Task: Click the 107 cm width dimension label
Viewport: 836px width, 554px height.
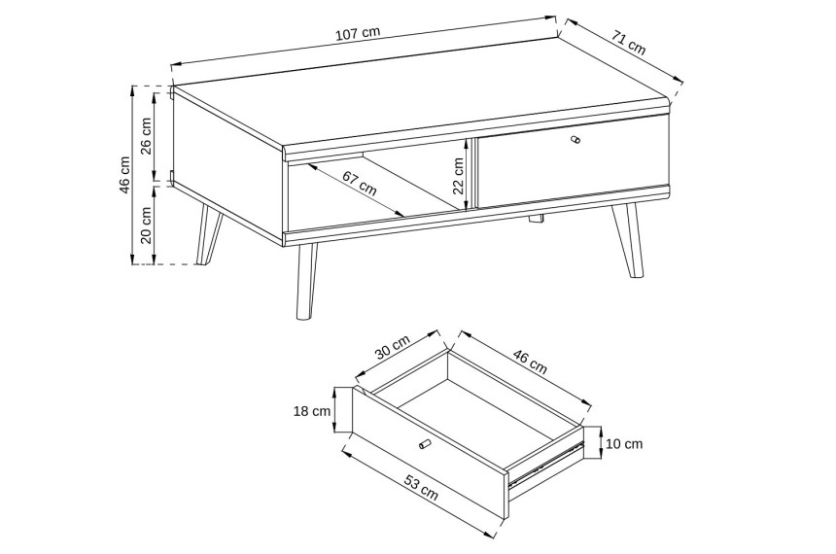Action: [358, 34]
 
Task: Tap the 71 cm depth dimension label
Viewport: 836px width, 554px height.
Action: [629, 43]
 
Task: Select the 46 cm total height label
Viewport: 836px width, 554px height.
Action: [124, 175]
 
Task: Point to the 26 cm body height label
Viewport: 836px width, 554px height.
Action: [147, 135]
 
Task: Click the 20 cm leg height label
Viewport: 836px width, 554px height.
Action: [147, 225]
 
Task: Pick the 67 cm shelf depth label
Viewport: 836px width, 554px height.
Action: [360, 183]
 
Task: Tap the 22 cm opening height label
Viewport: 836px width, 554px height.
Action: [458, 175]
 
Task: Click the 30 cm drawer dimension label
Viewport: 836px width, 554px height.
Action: [393, 348]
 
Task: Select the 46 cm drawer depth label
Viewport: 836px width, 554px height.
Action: [530, 362]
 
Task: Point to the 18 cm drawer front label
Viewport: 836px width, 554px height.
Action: [312, 411]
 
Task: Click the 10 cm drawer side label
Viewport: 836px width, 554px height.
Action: [624, 443]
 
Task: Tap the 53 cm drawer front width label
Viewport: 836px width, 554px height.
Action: [421, 489]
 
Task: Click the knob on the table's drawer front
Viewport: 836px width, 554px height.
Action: [575, 140]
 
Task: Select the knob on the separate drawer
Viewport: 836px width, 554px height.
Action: [424, 443]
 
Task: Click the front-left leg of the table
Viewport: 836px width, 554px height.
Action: [305, 282]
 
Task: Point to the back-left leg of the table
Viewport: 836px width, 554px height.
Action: [209, 233]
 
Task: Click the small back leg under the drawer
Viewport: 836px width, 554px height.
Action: [536, 218]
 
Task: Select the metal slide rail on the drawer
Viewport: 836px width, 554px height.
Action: [545, 464]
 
